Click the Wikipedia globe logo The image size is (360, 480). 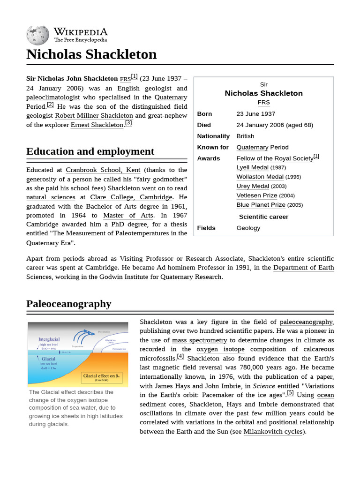tap(37, 36)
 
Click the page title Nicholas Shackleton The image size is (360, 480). tap(91, 54)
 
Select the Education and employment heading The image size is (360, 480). tap(90, 151)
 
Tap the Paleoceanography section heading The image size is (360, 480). tap(69, 304)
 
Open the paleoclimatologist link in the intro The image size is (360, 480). tap(53, 97)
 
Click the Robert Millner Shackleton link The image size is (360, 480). tap(94, 115)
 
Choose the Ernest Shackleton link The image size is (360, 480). tap(97, 125)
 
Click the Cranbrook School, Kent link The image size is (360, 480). tap(103, 170)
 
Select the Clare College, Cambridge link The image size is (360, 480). tap(131, 197)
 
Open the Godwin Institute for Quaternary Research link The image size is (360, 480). tap(160, 277)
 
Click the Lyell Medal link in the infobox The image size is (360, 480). tap(252, 167)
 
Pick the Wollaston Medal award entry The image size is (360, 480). tap(260, 177)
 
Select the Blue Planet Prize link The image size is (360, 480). tap(261, 205)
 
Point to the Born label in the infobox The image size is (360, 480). tap(204, 114)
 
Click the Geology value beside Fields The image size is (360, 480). tap(248, 228)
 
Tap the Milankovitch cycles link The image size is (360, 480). tap(273, 432)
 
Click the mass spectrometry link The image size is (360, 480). tap(199, 340)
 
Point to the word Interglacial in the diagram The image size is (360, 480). tap(49, 339)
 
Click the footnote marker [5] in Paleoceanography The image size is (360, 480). tap(290, 393)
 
